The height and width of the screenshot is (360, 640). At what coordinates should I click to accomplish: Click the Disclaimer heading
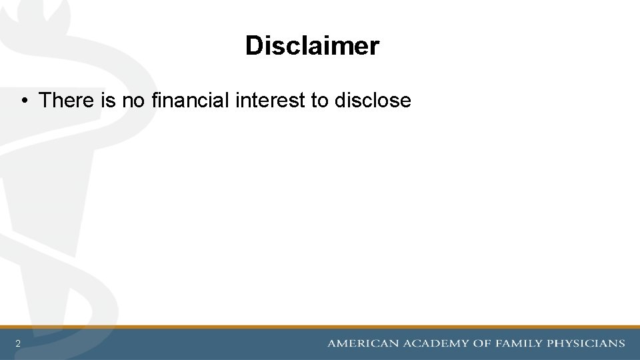[x=312, y=46]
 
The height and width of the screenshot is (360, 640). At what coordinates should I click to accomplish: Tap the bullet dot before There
[x=23, y=101]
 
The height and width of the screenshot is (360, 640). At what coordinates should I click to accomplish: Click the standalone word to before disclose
[x=319, y=101]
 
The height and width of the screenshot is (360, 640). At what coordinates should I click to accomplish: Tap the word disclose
[x=373, y=101]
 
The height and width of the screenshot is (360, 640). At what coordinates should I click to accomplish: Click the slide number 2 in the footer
[x=18, y=344]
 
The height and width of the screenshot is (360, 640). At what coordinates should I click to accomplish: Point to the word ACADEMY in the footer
[x=433, y=343]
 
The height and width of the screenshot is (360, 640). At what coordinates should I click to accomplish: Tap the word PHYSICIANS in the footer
[x=586, y=343]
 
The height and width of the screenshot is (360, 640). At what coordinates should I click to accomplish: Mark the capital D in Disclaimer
[x=253, y=46]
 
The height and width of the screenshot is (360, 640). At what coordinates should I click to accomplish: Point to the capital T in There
[x=45, y=101]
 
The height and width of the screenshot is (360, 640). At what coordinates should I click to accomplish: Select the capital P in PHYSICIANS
[x=551, y=343]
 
